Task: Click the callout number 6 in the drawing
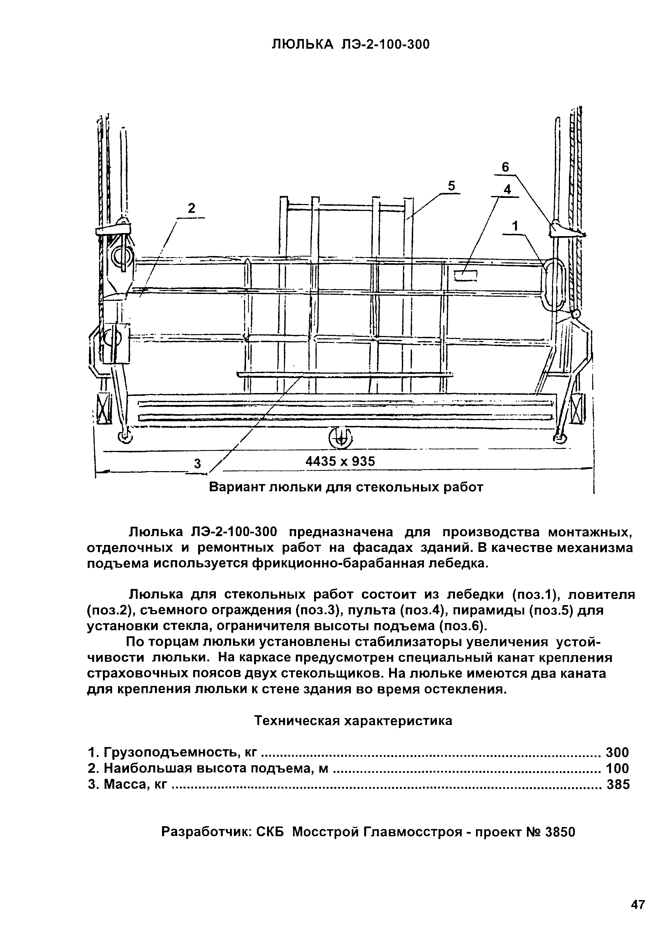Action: (x=505, y=167)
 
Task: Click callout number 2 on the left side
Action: (x=191, y=208)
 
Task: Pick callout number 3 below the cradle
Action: (x=197, y=464)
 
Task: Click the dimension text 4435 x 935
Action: (x=340, y=461)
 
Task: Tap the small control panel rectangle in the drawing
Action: (x=465, y=275)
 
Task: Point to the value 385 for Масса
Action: (x=618, y=784)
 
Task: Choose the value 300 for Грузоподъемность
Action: (x=617, y=752)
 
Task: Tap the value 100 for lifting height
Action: (x=617, y=768)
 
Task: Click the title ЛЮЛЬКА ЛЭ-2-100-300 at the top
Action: (x=350, y=44)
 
